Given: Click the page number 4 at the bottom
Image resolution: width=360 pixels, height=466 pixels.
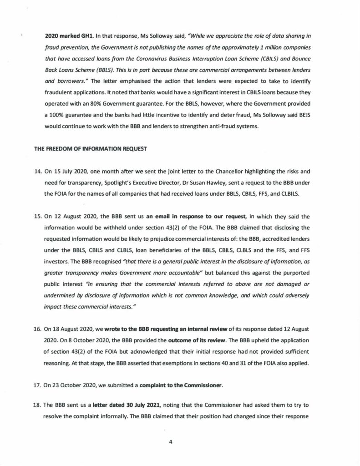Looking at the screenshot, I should coord(169,441).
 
